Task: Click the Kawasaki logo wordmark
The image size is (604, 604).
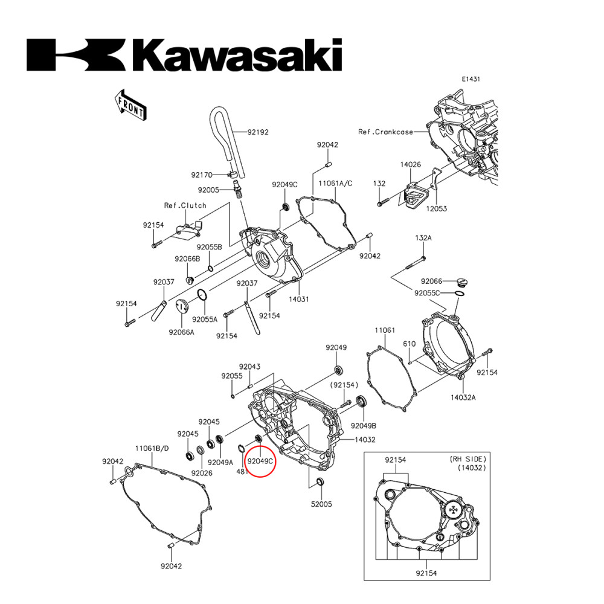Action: coord(184,55)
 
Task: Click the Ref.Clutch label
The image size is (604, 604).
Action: coord(185,205)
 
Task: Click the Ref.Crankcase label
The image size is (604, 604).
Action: coord(385,132)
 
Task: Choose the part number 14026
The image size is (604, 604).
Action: coord(410,164)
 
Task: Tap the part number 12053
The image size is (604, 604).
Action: coord(436,208)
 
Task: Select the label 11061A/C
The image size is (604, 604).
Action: coord(336,182)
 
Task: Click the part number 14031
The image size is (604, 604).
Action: coord(298,299)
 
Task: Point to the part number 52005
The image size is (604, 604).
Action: coord(321,503)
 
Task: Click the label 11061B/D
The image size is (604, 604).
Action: coord(152,449)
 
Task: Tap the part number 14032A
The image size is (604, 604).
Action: coord(463,397)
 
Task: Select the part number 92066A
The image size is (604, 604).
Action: coord(182,332)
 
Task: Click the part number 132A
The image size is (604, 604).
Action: coord(423,239)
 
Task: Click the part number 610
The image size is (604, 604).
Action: coord(410,344)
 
